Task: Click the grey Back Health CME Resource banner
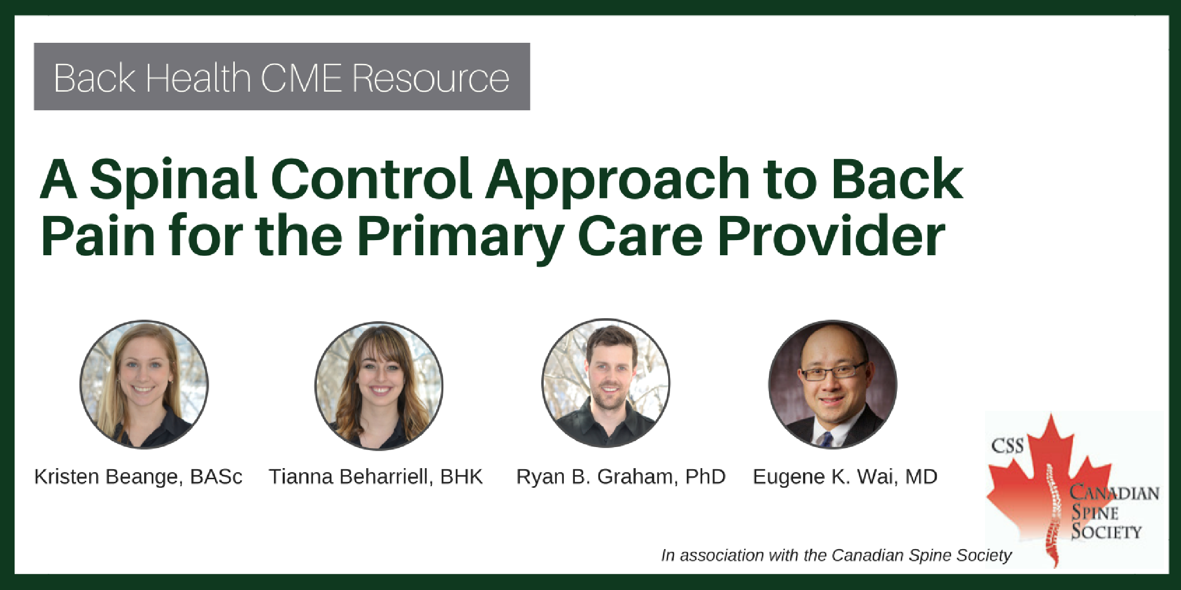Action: click(282, 77)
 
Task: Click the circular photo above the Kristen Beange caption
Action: click(144, 385)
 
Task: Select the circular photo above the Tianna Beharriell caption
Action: click(379, 386)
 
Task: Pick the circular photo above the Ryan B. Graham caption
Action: click(606, 383)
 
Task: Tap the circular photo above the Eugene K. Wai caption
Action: click(832, 385)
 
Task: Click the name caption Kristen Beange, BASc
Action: click(139, 477)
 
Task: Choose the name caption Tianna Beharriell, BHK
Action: click(376, 477)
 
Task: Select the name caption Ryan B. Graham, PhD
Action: click(621, 477)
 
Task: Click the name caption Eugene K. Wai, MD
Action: click(845, 477)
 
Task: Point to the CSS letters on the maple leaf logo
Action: click(1007, 446)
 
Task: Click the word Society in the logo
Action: click(1106, 532)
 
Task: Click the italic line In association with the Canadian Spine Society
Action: click(836, 555)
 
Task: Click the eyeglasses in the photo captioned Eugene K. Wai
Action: click(833, 373)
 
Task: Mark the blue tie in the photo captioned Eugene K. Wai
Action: click(826, 439)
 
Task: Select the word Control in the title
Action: click(372, 180)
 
